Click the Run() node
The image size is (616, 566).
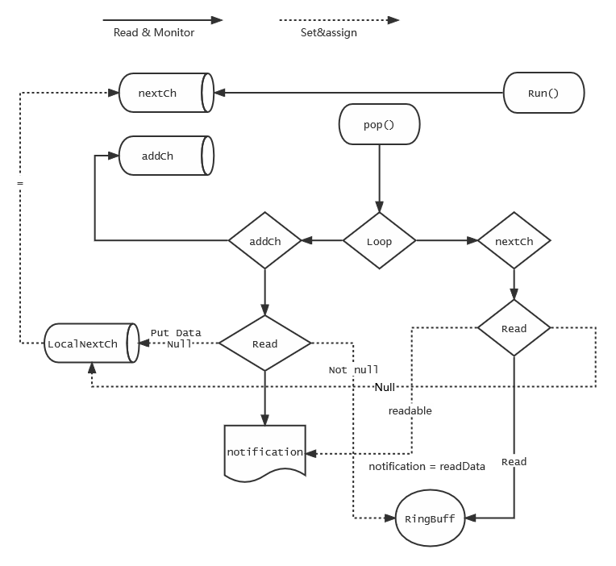(543, 93)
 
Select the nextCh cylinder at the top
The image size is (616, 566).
(165, 93)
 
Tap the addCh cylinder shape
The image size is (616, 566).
(165, 156)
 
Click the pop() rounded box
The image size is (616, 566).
(379, 127)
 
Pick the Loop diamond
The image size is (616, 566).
(379, 241)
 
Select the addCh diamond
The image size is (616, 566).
(264, 241)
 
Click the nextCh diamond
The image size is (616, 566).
(514, 241)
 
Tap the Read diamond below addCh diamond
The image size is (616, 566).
(264, 344)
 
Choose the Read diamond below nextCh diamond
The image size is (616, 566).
(514, 328)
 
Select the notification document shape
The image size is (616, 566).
(264, 452)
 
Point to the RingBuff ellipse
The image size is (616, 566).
(431, 518)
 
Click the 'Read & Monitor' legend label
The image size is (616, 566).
(154, 33)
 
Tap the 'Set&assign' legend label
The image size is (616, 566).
(329, 33)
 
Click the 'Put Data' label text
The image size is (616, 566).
(176, 332)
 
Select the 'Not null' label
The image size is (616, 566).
(353, 370)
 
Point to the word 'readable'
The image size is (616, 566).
(410, 410)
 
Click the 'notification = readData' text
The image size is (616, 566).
(427, 466)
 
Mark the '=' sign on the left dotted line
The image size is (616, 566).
(20, 184)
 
